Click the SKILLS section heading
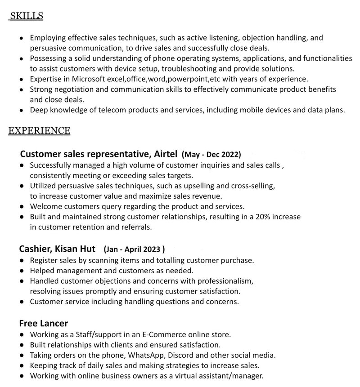pos(27,17)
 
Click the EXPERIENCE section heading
pos(40,131)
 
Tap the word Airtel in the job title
pos(166,154)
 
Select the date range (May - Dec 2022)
pos(211,155)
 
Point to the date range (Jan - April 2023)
pos(134,249)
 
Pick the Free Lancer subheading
pos(43,323)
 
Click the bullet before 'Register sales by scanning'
pos(22,261)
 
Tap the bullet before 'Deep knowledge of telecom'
pos(22,110)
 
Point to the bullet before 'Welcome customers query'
pos(22,207)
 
